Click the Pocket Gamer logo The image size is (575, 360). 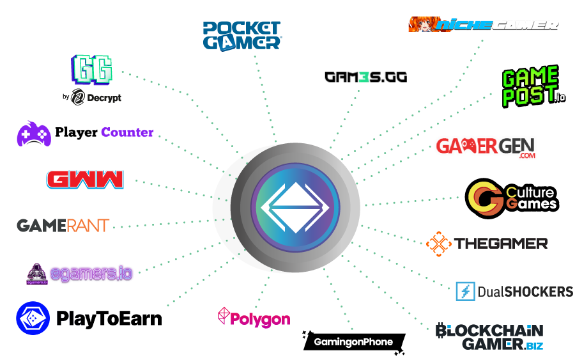242,36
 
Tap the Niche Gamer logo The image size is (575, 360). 484,24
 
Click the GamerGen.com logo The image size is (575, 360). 486,147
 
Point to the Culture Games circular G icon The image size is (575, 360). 485,199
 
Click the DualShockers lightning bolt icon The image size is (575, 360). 465,291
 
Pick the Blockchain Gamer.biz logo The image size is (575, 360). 489,337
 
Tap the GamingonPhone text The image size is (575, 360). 353,342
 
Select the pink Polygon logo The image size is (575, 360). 254,318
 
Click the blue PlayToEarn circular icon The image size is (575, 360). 33,318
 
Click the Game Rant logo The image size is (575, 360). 63,226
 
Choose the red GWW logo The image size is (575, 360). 85,180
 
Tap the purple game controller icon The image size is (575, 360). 33,133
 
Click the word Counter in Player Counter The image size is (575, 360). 128,133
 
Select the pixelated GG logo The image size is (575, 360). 92,69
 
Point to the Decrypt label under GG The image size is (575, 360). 96,98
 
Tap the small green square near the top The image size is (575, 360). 364,77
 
